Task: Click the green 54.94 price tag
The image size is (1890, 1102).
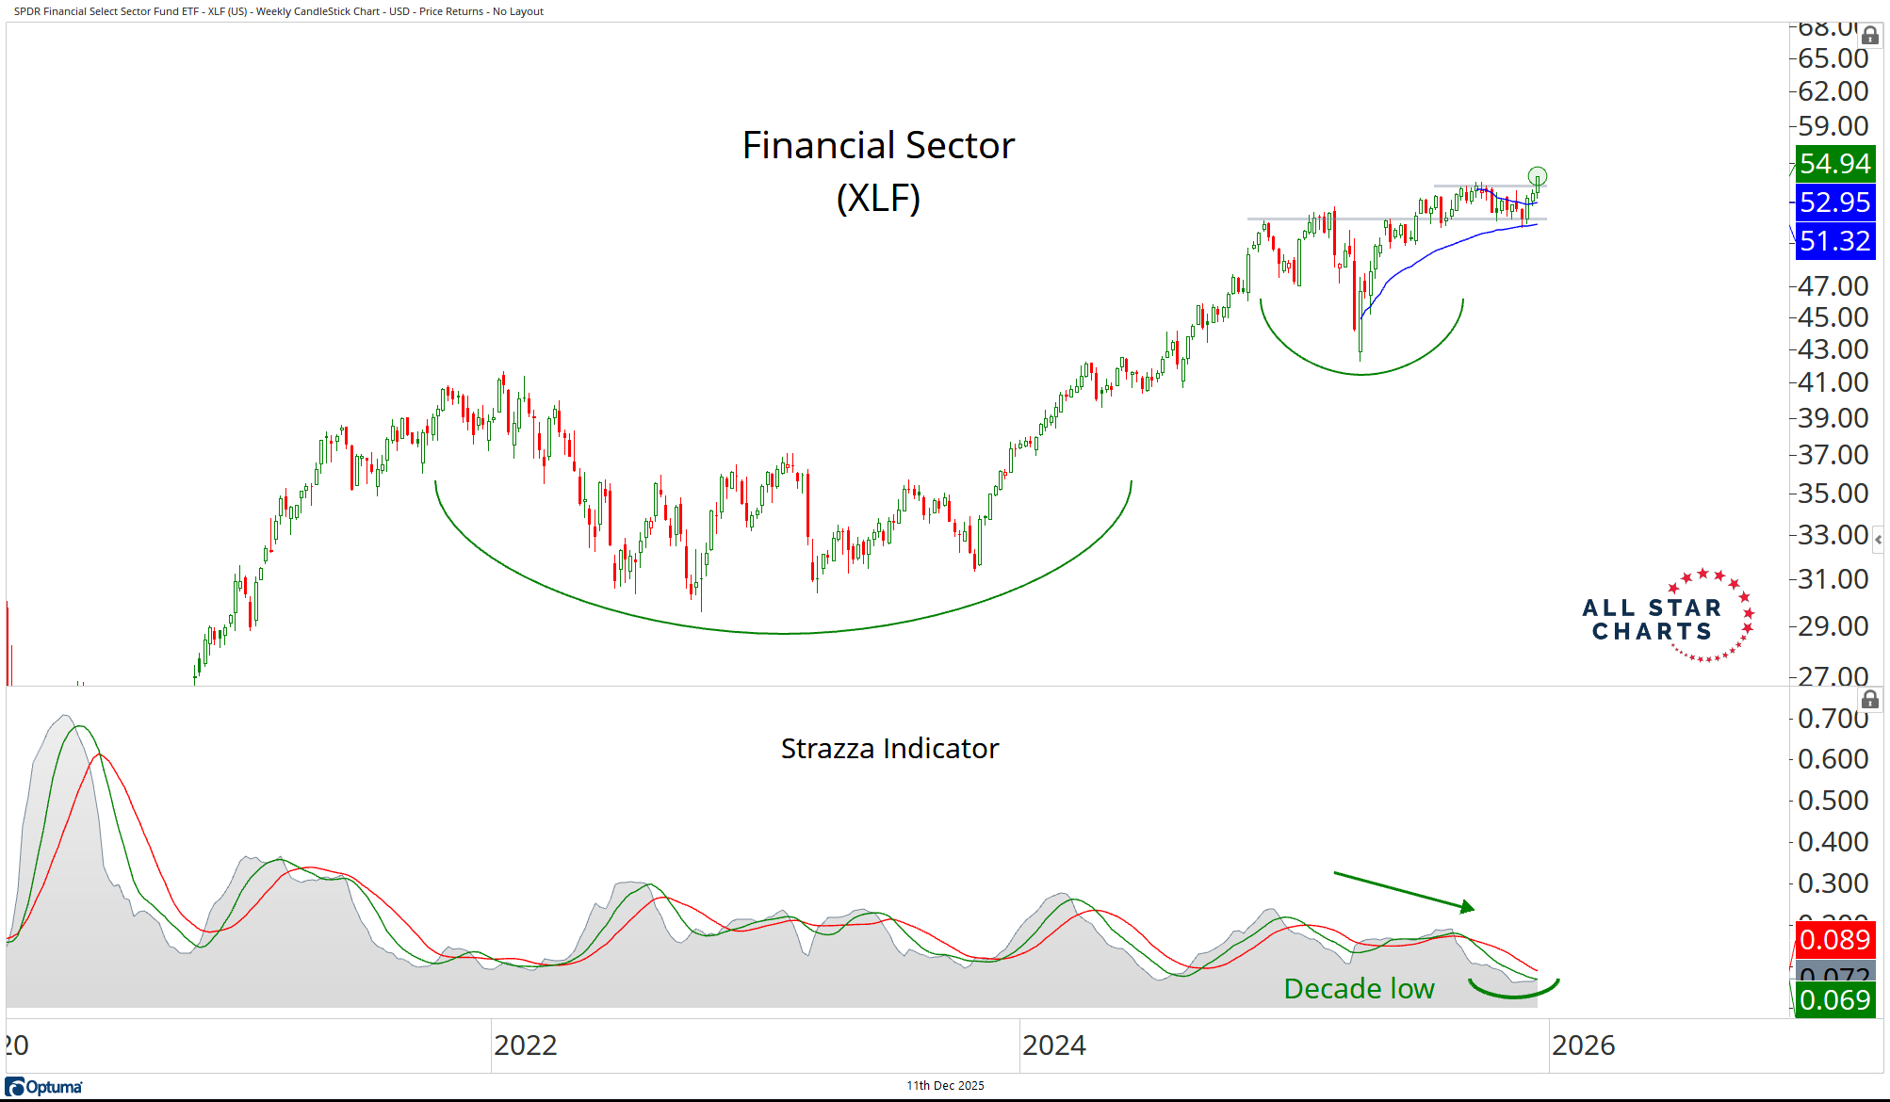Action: pyautogui.click(x=1834, y=164)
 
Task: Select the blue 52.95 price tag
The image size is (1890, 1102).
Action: pyautogui.click(x=1834, y=203)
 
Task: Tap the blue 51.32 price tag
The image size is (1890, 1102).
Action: pyautogui.click(x=1834, y=241)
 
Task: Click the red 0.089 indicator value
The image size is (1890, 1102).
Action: pyautogui.click(x=1834, y=940)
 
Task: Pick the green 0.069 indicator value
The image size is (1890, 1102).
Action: pyautogui.click(x=1834, y=1000)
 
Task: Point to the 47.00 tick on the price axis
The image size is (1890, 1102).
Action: pyautogui.click(x=1833, y=286)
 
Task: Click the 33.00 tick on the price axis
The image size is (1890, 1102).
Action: pyautogui.click(x=1833, y=535)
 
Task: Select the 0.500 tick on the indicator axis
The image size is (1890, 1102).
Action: pyautogui.click(x=1833, y=801)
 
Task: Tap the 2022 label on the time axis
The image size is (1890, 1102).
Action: pyautogui.click(x=526, y=1045)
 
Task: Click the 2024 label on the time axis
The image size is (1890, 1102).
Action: pyautogui.click(x=1054, y=1045)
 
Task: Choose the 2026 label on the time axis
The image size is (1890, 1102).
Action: pyautogui.click(x=1583, y=1045)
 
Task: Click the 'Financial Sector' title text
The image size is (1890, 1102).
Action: pyautogui.click(x=878, y=146)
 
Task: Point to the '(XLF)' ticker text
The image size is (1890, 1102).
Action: pyautogui.click(x=878, y=199)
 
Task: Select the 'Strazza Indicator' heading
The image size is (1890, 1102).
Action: pyautogui.click(x=889, y=749)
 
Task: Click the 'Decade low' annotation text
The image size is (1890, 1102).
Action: pyautogui.click(x=1359, y=989)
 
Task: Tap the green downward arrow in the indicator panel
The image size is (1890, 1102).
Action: pyautogui.click(x=1404, y=891)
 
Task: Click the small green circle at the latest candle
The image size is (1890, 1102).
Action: pyautogui.click(x=1538, y=176)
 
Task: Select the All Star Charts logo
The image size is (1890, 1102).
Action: pyautogui.click(x=1668, y=618)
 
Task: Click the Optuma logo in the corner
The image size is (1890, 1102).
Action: pyautogui.click(x=44, y=1087)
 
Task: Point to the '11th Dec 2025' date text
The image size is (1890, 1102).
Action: pyautogui.click(x=945, y=1086)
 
